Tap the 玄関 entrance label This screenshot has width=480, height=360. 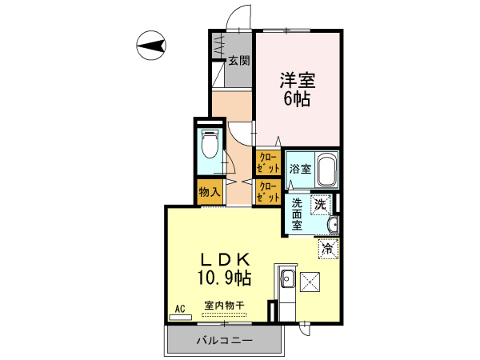[238, 60]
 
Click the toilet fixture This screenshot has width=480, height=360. [210, 145]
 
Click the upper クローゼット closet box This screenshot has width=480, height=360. [268, 163]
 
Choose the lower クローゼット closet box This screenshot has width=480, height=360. [268, 192]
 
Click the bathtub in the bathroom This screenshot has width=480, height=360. [325, 169]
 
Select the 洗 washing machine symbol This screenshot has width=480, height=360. [321, 204]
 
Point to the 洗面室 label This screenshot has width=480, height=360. [297, 214]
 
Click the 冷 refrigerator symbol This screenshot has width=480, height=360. [327, 248]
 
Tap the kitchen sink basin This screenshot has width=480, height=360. [287, 279]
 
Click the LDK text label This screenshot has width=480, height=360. [225, 260]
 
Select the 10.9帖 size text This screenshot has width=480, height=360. [225, 279]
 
